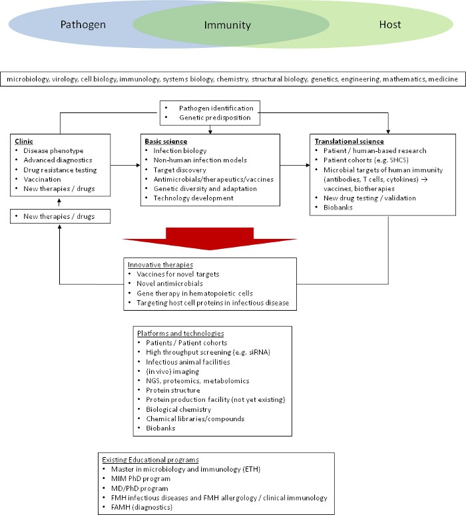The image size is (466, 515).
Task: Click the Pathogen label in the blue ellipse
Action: coord(83,25)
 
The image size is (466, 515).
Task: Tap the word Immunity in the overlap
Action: coord(228,25)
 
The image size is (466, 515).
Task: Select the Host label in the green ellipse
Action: coord(390,25)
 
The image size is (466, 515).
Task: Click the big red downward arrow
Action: coord(210,239)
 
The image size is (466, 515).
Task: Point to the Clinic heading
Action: coord(24,141)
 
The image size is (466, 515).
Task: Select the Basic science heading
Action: coord(166,141)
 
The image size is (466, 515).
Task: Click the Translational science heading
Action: coord(349,141)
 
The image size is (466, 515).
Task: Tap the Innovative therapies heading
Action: coord(160,265)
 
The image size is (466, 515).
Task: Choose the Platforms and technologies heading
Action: coord(180,333)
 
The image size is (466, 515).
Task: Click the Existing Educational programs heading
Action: coord(150,460)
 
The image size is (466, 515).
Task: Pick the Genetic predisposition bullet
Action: coord(215,118)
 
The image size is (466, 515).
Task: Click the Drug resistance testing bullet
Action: coord(60,170)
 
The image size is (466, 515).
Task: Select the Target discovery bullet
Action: coord(180,170)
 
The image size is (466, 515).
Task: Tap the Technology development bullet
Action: coord(193,198)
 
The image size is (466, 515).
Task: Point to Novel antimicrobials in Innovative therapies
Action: coord(170,283)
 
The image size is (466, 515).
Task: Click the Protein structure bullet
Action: coord(173,390)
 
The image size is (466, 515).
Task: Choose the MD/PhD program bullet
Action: coord(139,488)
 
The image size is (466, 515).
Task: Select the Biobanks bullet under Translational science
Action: coord(338,207)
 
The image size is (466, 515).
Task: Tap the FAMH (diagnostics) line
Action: coord(142,507)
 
